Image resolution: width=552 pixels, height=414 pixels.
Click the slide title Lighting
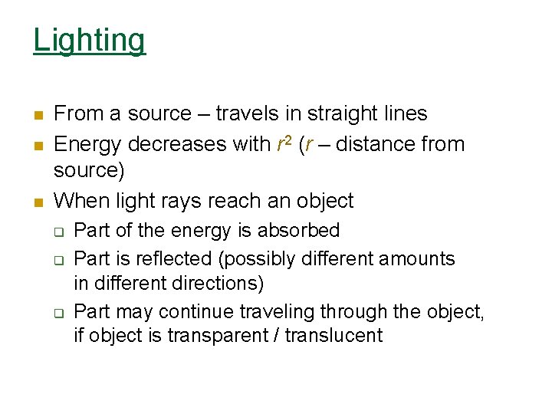89,40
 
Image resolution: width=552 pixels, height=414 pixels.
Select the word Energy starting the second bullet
88,144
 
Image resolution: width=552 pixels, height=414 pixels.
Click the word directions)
220,283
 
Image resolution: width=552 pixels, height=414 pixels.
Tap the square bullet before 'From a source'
37,116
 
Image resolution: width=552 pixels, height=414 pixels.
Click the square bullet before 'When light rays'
37,203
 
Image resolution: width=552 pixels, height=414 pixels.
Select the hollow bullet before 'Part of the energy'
58,232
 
